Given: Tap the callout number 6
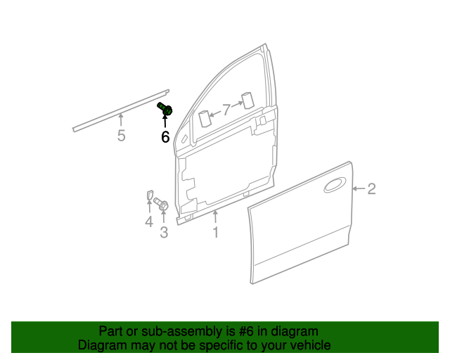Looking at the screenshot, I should pos(165,136).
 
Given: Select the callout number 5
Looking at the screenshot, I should pos(121,136).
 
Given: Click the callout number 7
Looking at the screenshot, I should pos(226,109).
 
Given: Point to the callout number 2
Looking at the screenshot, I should pos(371,188).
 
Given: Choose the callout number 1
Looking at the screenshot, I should pos(216,232).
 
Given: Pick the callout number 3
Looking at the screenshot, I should pos(164,232).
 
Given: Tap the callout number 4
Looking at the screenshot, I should pos(149,223).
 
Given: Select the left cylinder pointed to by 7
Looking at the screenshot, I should pos(205,118).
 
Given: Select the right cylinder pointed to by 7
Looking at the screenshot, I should pos(247,100).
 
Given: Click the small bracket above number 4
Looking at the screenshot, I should pos(149,196).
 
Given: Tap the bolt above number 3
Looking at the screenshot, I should pos(161,205).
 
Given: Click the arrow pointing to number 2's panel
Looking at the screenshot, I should pos(358,188).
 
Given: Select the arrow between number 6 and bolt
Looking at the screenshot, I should pos(165,123).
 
